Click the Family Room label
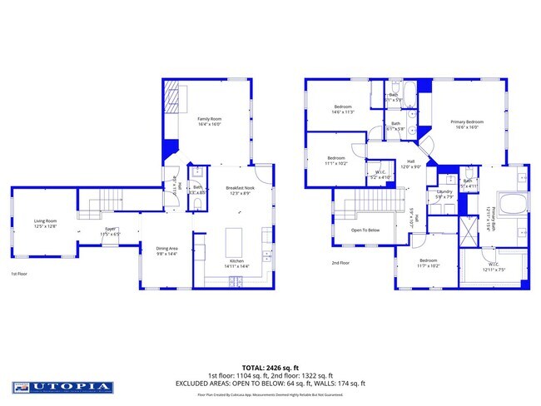[209, 121]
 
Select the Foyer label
[110, 231]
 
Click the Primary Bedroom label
[467, 124]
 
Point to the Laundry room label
[444, 194]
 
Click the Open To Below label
[365, 230]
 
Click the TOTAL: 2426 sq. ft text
[270, 367]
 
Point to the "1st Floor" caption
[20, 273]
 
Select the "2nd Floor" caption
[340, 263]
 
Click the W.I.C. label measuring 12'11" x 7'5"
[494, 268]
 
